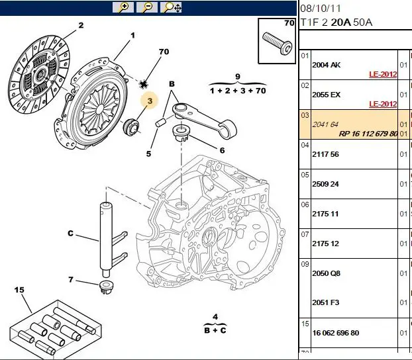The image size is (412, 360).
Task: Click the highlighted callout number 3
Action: point(150,101)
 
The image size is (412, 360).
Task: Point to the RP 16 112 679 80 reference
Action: point(368,133)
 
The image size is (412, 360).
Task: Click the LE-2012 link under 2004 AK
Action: point(383,74)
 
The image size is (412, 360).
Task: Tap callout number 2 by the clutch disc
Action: point(81,26)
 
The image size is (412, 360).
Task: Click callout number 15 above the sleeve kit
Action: point(19,290)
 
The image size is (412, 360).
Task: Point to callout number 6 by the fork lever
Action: point(222,150)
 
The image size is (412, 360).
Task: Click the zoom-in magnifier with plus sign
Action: point(123,7)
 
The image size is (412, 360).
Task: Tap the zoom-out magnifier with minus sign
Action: point(148,7)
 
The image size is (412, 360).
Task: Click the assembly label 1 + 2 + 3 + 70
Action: point(238,90)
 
